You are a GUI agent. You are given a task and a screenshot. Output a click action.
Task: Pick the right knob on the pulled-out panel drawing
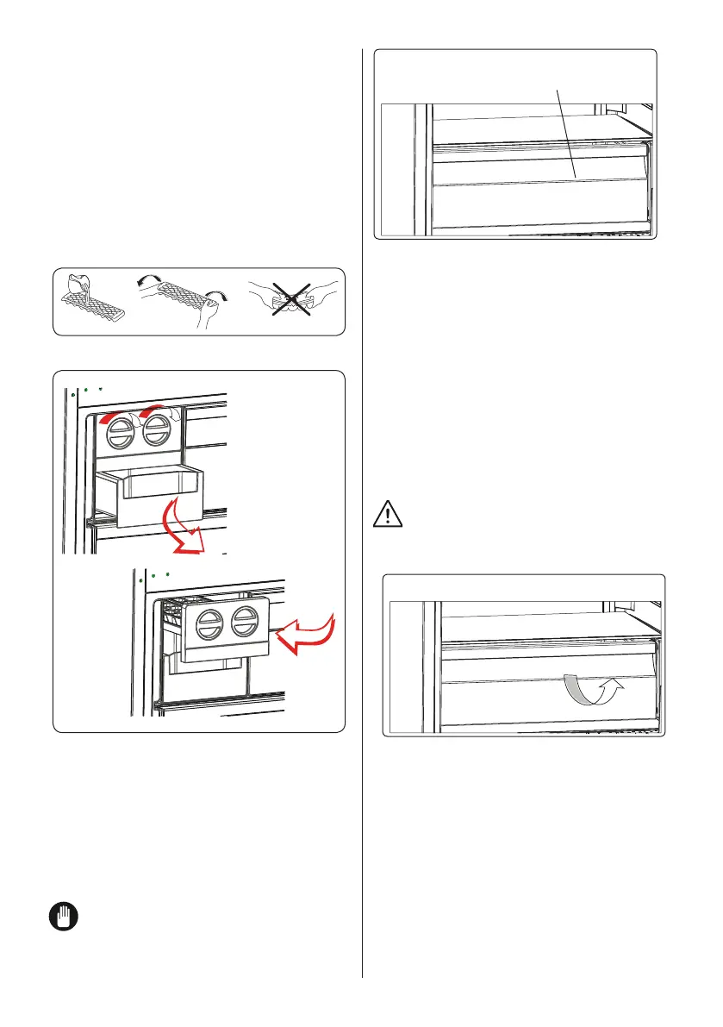tap(245, 623)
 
